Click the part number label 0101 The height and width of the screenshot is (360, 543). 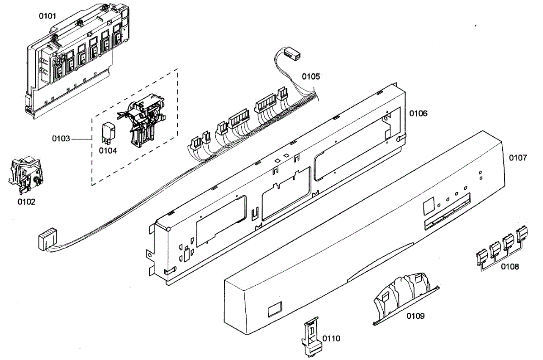point(48,16)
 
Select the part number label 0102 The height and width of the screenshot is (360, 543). point(26,202)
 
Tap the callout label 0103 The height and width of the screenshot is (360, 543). point(61,138)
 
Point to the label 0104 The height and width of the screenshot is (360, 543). point(108,151)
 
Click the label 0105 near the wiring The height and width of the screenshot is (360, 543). point(311,77)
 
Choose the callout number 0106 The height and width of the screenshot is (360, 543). point(419,113)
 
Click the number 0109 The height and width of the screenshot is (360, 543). point(415,316)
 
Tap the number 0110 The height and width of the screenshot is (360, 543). point(331,338)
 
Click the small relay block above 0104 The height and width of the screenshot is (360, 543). point(109,130)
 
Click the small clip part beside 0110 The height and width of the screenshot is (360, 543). point(311,337)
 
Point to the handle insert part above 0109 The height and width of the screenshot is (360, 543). point(403,294)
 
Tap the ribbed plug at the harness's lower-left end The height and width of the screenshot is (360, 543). point(48,239)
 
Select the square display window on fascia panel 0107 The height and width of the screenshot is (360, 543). point(428,207)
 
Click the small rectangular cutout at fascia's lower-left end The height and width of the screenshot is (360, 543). point(274,310)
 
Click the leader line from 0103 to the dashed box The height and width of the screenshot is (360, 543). point(81,138)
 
